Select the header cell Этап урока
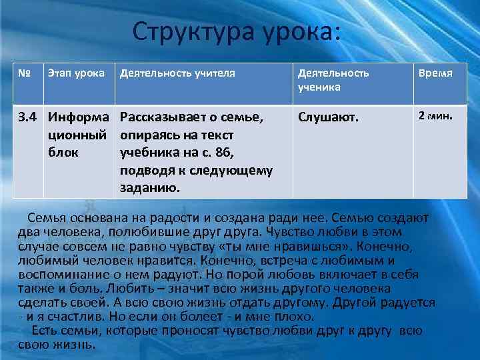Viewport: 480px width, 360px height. coord(75,73)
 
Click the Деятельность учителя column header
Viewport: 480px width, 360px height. coord(177,73)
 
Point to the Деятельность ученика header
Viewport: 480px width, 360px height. coord(333,79)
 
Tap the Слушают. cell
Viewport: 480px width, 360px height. coord(328,119)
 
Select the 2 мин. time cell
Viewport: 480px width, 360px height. coord(435,116)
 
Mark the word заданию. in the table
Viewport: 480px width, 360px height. coord(151,188)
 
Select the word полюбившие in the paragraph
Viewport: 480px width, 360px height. coord(128,232)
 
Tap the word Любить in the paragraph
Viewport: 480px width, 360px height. coord(141,288)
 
